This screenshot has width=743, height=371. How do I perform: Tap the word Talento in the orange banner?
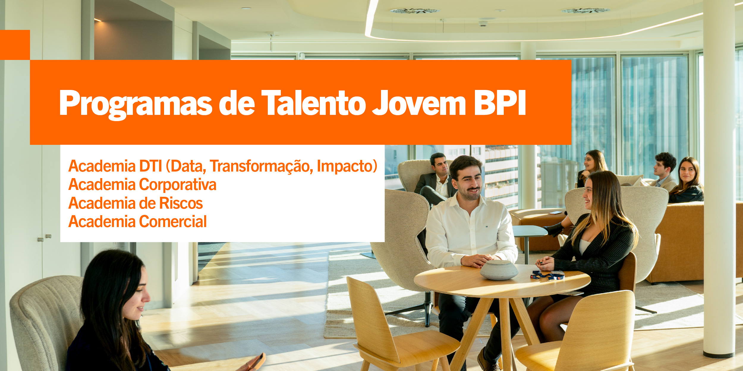(314, 103)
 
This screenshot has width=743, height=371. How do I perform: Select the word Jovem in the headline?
(419, 103)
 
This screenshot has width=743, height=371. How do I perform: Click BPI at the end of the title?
(500, 102)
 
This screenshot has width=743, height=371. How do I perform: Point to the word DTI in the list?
(151, 166)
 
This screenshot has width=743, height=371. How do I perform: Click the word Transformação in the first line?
(261, 167)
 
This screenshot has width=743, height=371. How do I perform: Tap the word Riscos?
(181, 203)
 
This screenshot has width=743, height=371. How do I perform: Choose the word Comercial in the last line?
(173, 222)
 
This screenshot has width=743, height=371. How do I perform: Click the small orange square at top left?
(15, 45)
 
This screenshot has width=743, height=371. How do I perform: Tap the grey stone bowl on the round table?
(499, 270)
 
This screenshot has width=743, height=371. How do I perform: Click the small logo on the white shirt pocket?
(487, 226)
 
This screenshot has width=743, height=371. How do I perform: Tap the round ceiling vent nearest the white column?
(585, 10)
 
